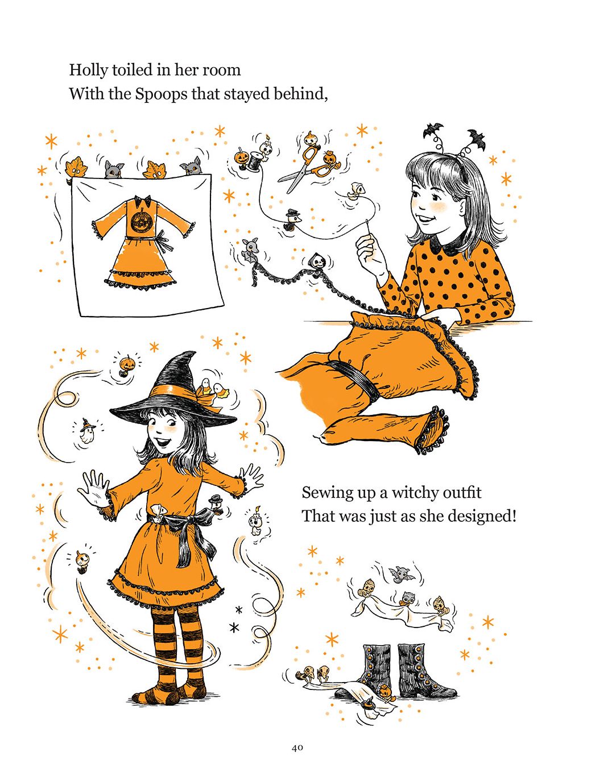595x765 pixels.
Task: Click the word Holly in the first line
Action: (x=88, y=70)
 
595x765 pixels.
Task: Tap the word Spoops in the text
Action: (x=162, y=95)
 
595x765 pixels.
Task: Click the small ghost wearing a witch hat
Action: (x=87, y=431)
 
